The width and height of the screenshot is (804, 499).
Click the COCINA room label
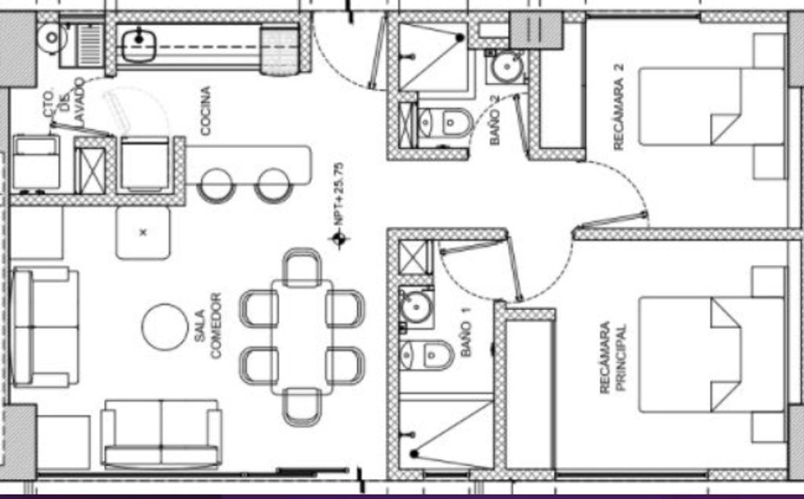206,111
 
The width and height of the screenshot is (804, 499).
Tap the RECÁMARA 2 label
619,107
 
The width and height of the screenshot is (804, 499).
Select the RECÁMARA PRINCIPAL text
612,357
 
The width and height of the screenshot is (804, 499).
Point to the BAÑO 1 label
466,339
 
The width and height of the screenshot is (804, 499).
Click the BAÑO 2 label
495,120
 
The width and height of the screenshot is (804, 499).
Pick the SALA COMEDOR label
207,326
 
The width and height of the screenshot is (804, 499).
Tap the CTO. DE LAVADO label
64,100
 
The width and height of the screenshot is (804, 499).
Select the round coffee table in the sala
165,327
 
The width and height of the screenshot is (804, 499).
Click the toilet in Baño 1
427,355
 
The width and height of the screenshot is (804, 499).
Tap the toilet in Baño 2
445,123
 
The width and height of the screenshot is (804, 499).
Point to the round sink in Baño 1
416,308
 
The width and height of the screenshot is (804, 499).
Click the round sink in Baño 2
507,67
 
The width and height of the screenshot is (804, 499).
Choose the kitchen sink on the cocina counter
139,45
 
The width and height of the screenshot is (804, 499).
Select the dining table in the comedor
302,337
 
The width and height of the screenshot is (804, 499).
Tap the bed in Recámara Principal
711,355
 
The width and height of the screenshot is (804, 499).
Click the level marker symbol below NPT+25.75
339,239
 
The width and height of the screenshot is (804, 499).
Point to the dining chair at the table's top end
302,267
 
